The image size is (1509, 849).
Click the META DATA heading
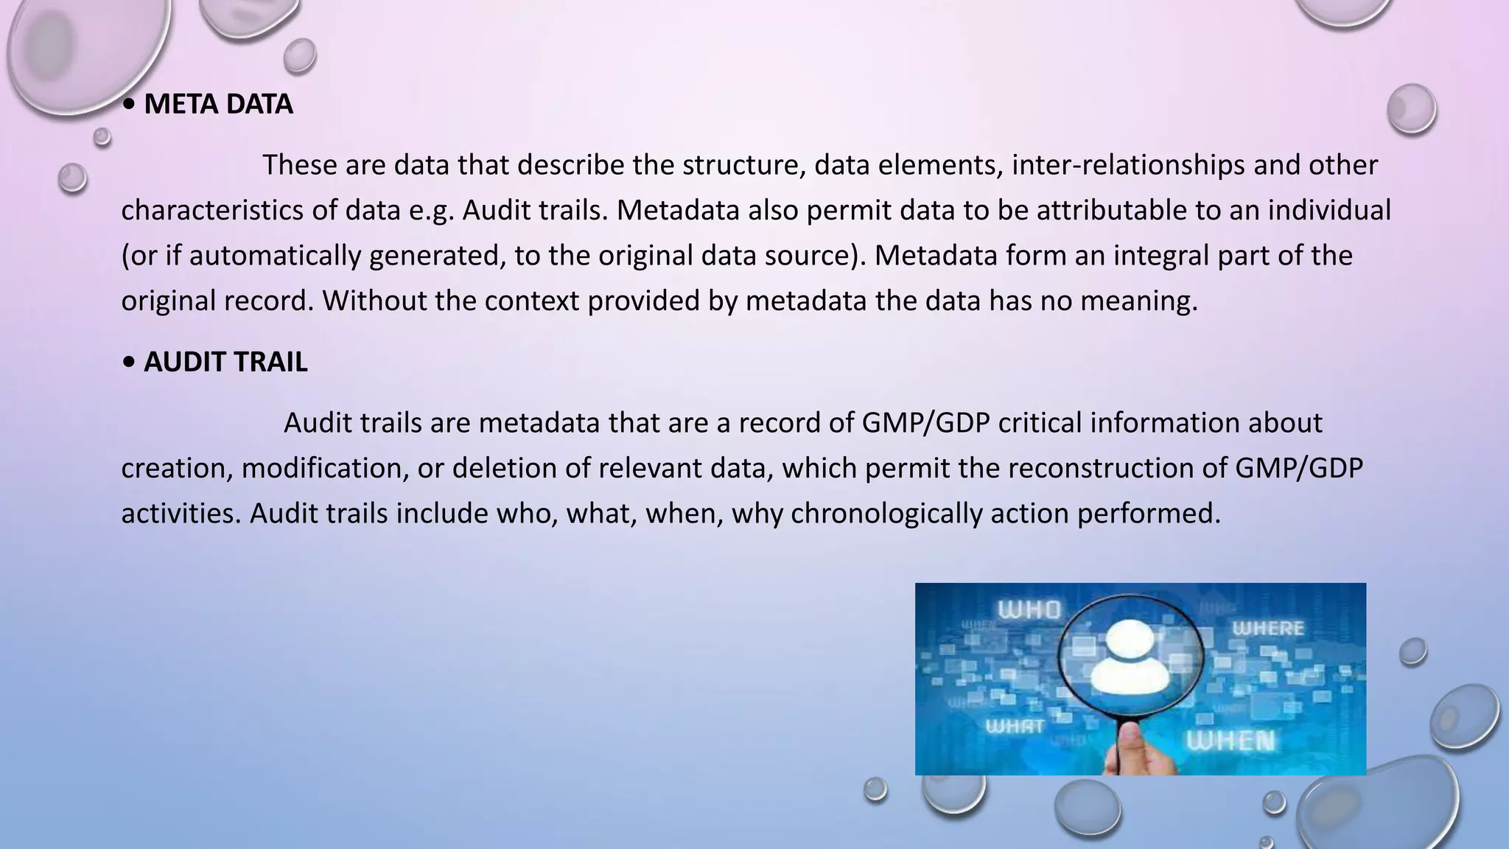coord(218,104)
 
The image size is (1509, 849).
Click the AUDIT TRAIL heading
coord(225,362)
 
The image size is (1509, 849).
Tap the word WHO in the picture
coord(1029,610)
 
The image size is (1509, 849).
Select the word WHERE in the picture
coord(1268,629)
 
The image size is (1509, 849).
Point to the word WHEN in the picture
coord(1230,741)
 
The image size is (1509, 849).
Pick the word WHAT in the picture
coord(1015,727)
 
